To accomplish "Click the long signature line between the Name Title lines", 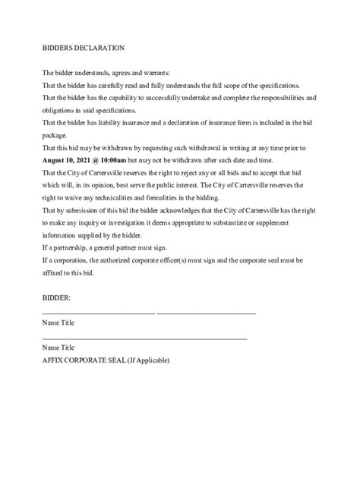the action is pyautogui.click(x=144, y=338).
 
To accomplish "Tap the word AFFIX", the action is pyautogui.click(x=54, y=360).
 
